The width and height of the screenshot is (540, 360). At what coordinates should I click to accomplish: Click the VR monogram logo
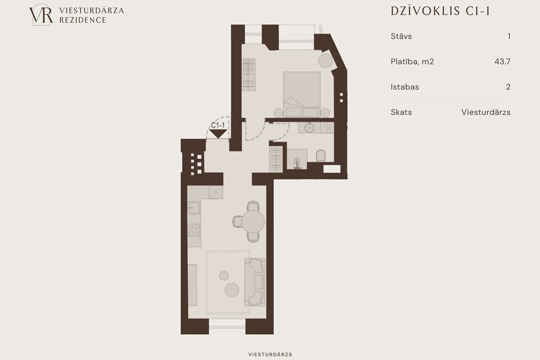[41, 15]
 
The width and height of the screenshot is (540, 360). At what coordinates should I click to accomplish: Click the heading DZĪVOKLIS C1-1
[440, 11]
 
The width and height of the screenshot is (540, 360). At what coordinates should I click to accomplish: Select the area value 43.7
[502, 62]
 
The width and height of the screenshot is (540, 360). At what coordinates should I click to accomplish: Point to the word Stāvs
[401, 36]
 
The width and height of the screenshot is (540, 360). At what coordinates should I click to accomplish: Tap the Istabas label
[404, 87]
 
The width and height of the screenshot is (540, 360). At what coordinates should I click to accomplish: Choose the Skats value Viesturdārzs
[486, 112]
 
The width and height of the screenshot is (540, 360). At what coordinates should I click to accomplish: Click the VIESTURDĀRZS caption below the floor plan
[271, 354]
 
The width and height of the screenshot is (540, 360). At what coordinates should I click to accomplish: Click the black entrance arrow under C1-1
[218, 134]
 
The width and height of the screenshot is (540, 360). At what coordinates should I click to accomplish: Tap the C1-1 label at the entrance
[218, 125]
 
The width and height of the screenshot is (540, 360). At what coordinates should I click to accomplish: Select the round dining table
[253, 222]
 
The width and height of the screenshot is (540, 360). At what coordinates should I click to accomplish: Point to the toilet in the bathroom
[321, 156]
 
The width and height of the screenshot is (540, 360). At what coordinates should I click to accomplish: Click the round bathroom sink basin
[309, 128]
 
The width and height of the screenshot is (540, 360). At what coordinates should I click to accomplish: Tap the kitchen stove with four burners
[194, 230]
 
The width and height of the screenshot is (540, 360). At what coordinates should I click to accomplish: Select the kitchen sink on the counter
[194, 208]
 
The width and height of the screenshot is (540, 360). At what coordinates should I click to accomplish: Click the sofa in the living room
[255, 282]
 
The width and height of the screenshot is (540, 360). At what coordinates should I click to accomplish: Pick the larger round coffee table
[232, 290]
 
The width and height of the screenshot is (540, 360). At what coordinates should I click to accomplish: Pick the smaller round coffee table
[224, 276]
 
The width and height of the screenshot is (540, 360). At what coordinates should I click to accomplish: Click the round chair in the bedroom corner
[326, 61]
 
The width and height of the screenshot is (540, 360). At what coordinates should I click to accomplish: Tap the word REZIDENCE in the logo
[83, 20]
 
